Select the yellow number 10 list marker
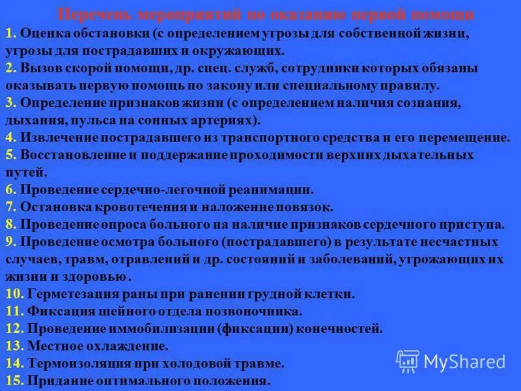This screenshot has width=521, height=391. (x=13, y=293)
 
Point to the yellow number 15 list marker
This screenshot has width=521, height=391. (x=13, y=381)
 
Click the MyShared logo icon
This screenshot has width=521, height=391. (x=408, y=360)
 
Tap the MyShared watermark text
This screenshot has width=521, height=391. (x=464, y=362)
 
